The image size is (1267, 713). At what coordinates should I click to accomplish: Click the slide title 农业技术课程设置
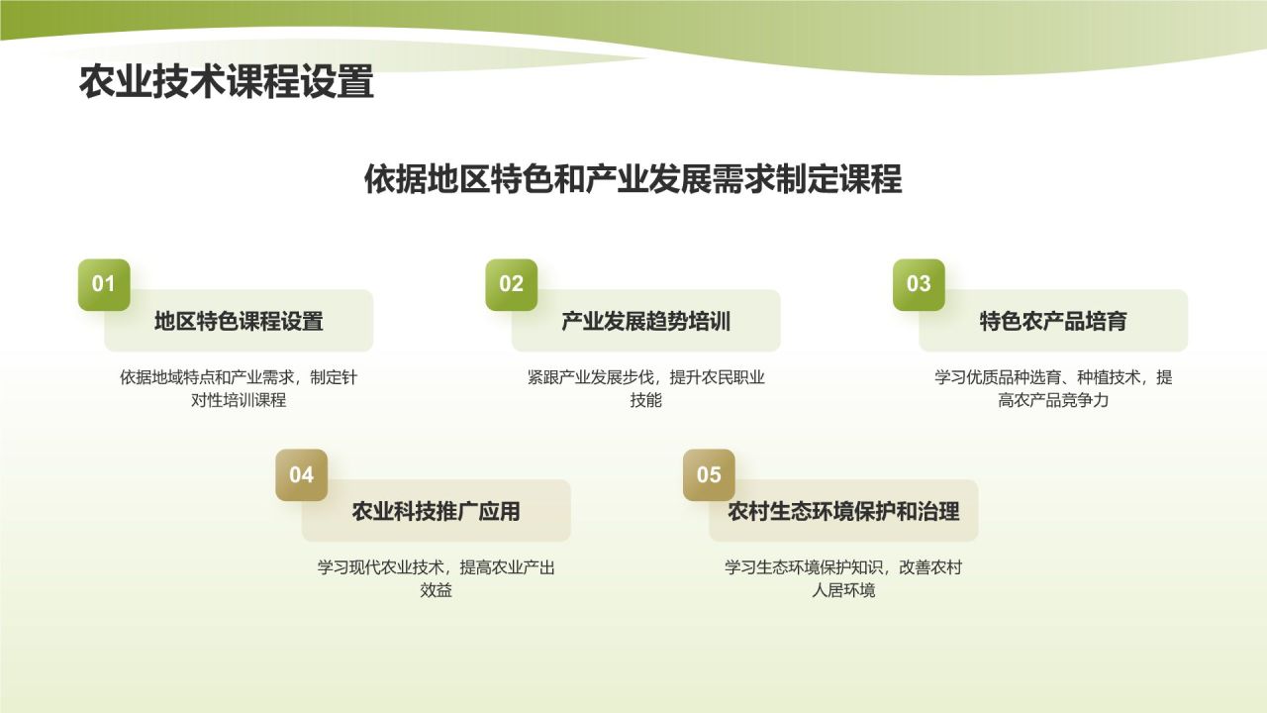pyautogui.click(x=227, y=81)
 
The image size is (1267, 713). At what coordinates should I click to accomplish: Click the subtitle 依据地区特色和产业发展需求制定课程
pyautogui.click(x=633, y=179)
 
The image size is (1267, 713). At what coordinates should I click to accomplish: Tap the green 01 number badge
pyautogui.click(x=104, y=284)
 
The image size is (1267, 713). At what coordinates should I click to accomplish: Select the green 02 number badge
pyautogui.click(x=512, y=284)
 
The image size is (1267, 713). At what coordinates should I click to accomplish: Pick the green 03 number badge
pyautogui.click(x=919, y=284)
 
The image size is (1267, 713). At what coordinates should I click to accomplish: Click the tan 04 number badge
pyautogui.click(x=302, y=474)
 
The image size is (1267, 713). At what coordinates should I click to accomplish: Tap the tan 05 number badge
pyautogui.click(x=709, y=474)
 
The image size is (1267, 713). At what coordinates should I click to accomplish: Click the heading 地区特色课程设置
pyautogui.click(x=239, y=322)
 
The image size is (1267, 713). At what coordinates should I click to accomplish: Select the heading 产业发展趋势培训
pyautogui.click(x=646, y=322)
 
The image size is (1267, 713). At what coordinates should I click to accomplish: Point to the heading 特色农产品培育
pyautogui.click(x=1053, y=322)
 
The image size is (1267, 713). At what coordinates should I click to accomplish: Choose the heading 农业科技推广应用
pyautogui.click(x=437, y=512)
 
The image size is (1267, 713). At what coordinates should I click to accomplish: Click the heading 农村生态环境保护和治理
pyautogui.click(x=843, y=512)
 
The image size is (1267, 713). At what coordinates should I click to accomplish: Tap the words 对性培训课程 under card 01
pyautogui.click(x=239, y=400)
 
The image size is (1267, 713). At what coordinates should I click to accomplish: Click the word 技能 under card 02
pyautogui.click(x=646, y=400)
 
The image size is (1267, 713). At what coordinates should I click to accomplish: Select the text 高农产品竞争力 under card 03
pyautogui.click(x=1053, y=400)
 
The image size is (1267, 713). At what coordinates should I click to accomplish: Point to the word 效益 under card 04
pyautogui.click(x=437, y=590)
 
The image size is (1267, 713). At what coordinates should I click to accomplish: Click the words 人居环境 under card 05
pyautogui.click(x=843, y=590)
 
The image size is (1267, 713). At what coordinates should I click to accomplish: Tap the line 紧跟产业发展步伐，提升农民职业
pyautogui.click(x=646, y=377)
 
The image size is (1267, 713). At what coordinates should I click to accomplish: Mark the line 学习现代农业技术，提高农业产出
pyautogui.click(x=437, y=567)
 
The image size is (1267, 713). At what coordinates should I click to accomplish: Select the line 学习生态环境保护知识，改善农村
pyautogui.click(x=843, y=567)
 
